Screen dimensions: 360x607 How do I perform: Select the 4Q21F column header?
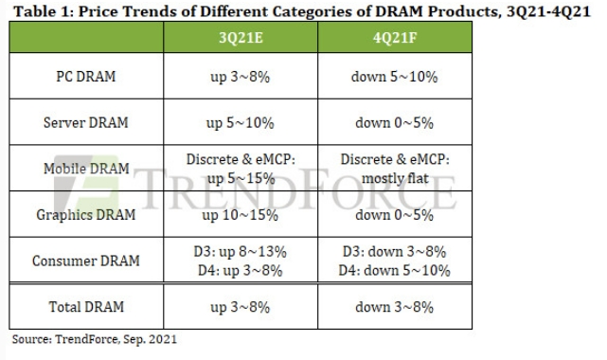[x=395, y=39]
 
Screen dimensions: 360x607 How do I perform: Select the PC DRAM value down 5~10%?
[x=395, y=77]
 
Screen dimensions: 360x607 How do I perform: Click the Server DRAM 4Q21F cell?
[x=395, y=124]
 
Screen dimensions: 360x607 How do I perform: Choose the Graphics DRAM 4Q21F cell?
[x=395, y=214]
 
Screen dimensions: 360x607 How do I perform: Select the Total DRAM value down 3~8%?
[x=395, y=307]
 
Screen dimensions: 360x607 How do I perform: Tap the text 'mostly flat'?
[x=395, y=178]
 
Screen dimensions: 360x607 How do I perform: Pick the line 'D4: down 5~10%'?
[x=395, y=269]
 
